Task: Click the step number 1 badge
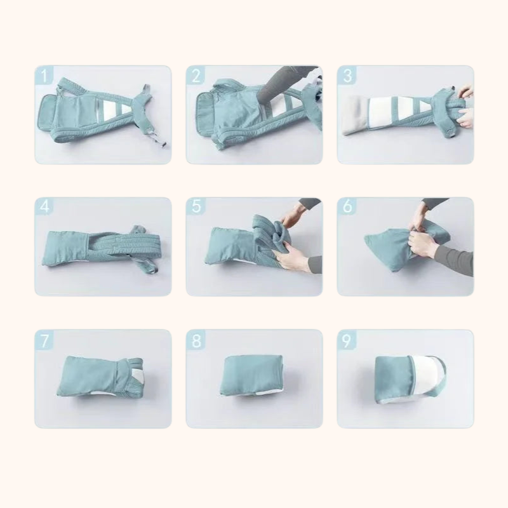[x=44, y=76]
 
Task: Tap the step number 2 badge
[x=196, y=76]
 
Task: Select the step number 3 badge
[x=347, y=76]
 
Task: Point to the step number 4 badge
[x=44, y=208]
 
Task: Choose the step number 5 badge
[x=196, y=208]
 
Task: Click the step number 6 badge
[x=347, y=208]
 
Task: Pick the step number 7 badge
[x=44, y=340]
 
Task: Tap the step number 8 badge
[x=196, y=340]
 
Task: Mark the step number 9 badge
[x=347, y=340]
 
